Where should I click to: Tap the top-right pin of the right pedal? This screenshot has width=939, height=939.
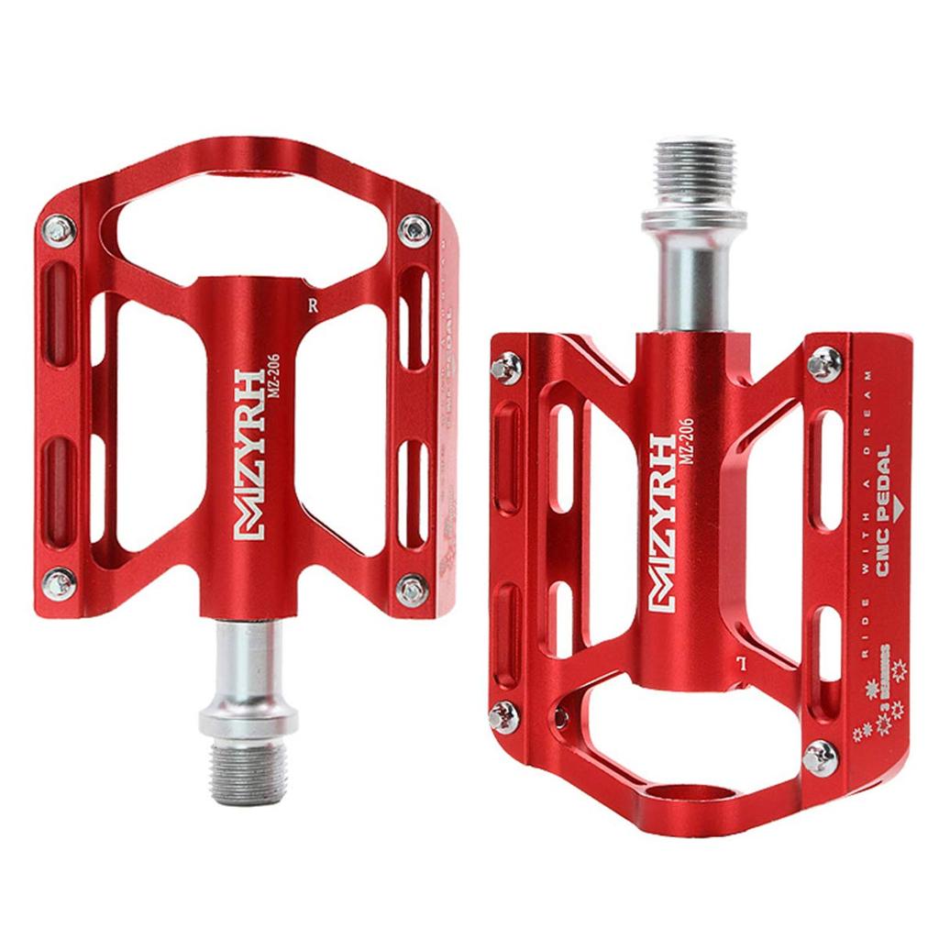coord(823,362)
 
